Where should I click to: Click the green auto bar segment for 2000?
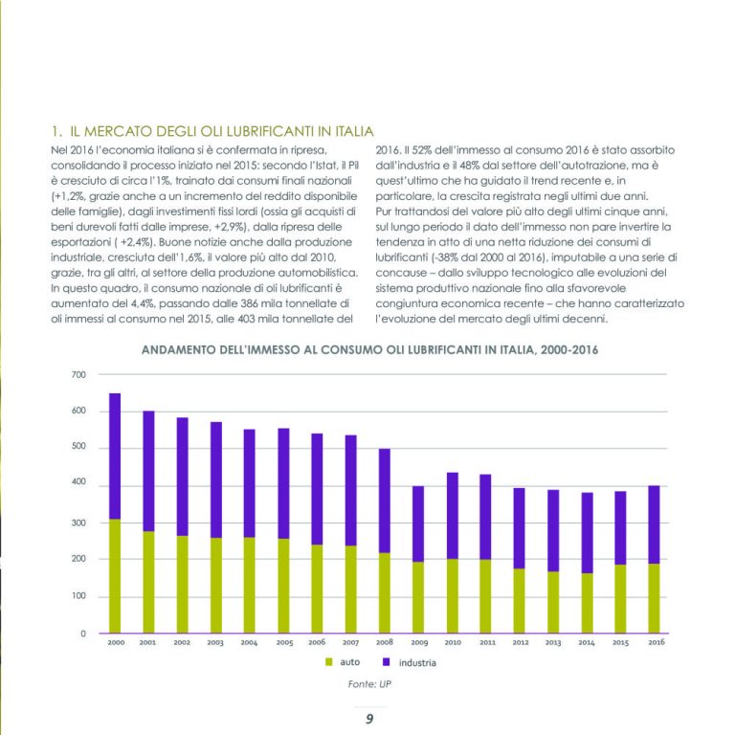pyautogui.click(x=115, y=576)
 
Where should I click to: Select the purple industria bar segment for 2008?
pyautogui.click(x=385, y=501)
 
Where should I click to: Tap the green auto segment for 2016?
pyautogui.click(x=654, y=598)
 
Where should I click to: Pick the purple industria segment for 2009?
pyautogui.click(x=418, y=524)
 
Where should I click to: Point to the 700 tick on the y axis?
pyautogui.click(x=78, y=375)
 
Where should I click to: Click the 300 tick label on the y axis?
pyautogui.click(x=78, y=523)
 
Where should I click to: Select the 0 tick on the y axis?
pyautogui.click(x=83, y=634)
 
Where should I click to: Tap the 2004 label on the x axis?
pyautogui.click(x=249, y=643)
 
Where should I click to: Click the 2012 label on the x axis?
pyautogui.click(x=521, y=642)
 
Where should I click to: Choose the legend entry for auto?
pyautogui.click(x=343, y=662)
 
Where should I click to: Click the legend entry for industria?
pyautogui.click(x=410, y=662)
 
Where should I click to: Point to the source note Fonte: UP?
pyautogui.click(x=369, y=684)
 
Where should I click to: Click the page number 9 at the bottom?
pyautogui.click(x=369, y=719)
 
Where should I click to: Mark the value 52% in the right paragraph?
pyautogui.click(x=422, y=150)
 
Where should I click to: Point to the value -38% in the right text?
pyautogui.click(x=447, y=257)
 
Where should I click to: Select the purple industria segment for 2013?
pyautogui.click(x=553, y=530)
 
